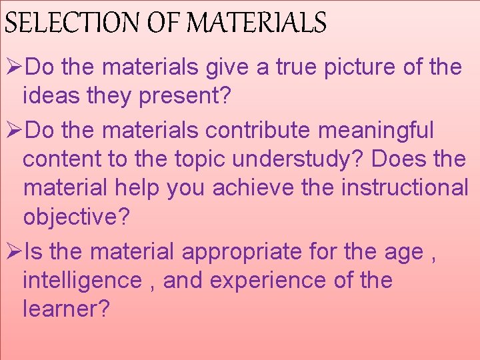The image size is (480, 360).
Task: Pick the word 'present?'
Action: coord(185,97)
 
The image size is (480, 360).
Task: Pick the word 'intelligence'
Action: coord(82,281)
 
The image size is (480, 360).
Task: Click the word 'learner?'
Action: coord(66,309)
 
